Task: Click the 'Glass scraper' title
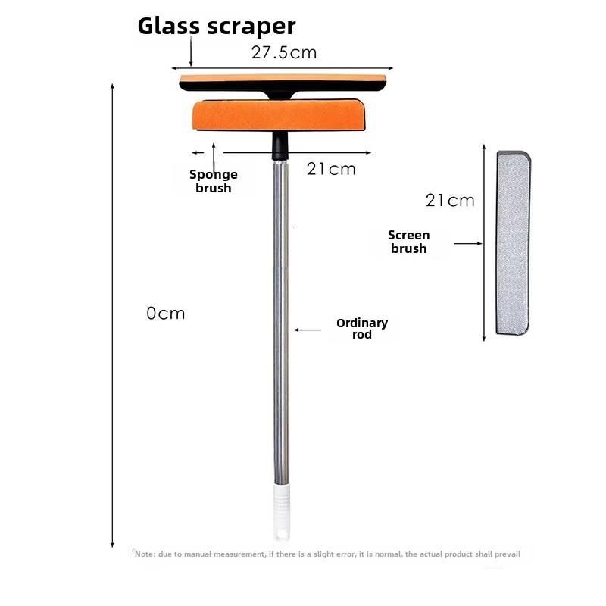click(216, 26)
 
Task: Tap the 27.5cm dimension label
click(283, 52)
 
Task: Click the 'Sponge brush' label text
click(214, 181)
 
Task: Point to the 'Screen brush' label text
click(409, 242)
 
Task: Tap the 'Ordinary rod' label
click(362, 328)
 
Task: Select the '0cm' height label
click(166, 313)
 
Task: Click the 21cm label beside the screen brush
click(450, 201)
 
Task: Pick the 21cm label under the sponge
click(331, 169)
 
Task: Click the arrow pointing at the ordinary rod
click(308, 330)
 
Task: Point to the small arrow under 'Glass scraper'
click(192, 53)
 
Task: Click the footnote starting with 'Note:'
click(327, 554)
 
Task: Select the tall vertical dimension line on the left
click(113, 314)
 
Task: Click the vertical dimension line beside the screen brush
click(483, 242)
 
